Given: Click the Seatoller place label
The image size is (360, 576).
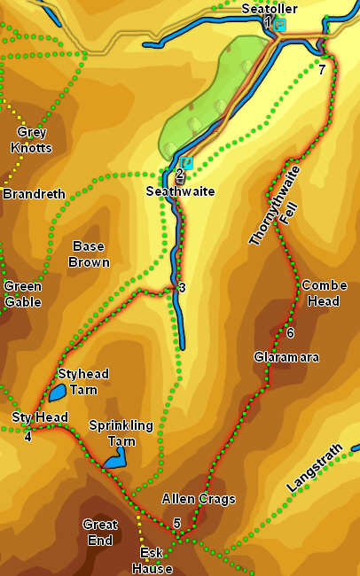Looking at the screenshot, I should coord(270,8).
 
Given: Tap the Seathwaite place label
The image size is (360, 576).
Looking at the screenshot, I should coord(181,191).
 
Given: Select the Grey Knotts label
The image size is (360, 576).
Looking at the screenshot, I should coord(28,140).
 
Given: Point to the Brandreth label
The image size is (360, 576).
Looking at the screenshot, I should coord(27,193).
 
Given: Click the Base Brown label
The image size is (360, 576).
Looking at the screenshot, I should coord(90,253).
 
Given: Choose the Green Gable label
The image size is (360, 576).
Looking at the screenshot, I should coord(22,293).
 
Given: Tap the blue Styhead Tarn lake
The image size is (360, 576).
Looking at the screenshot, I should coord(57,391).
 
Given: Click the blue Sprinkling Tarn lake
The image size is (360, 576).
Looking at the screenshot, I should coord(114,459).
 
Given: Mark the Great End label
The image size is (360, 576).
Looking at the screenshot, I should coord(99,532).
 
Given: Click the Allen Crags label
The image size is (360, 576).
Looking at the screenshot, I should coord(199,499).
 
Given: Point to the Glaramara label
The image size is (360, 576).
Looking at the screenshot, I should coord(286,357).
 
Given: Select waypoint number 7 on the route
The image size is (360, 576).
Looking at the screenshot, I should coord(322,70).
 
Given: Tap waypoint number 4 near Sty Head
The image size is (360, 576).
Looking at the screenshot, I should coord(27,435).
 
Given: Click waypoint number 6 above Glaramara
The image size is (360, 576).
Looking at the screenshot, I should coord(290,332).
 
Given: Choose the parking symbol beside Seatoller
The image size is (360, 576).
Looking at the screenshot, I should coord(280,25).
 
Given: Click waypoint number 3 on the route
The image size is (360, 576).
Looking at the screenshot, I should coord(181,288).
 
